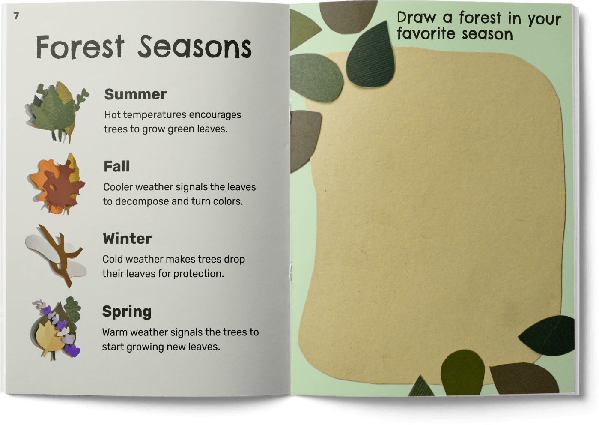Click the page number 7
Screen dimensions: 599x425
(x=16, y=16)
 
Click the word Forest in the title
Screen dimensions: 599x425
(x=80, y=48)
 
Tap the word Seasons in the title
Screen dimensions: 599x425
(x=195, y=48)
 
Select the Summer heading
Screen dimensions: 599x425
(x=136, y=94)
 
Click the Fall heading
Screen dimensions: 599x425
(x=116, y=166)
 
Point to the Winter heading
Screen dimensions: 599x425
(x=127, y=239)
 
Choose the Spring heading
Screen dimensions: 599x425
(x=127, y=312)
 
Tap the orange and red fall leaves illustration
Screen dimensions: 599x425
(x=57, y=184)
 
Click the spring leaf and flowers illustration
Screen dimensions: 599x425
(x=57, y=329)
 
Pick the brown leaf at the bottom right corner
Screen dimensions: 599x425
(x=524, y=378)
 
